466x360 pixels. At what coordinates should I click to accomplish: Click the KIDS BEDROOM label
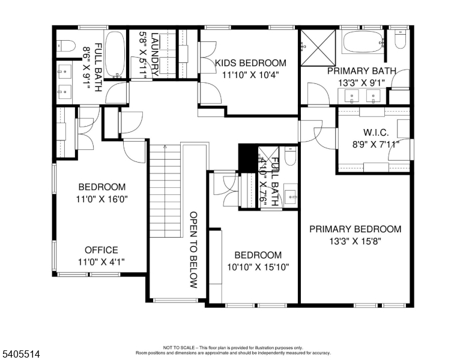(x=250, y=63)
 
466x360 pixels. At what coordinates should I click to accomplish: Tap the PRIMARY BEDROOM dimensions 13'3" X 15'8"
(x=355, y=241)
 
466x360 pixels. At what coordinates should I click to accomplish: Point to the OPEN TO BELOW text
(x=193, y=250)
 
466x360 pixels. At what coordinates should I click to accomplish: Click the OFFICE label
(x=101, y=250)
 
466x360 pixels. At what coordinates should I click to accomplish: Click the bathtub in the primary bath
(x=363, y=42)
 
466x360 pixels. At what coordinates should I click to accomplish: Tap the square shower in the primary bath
(x=318, y=47)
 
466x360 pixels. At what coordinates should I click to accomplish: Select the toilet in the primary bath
(x=401, y=40)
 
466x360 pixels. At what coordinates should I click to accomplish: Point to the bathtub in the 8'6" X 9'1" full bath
(x=115, y=55)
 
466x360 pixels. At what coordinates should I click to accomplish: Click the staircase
(x=165, y=191)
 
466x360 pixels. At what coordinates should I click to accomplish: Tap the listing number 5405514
(x=21, y=354)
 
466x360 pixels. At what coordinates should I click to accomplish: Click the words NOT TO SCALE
(x=179, y=347)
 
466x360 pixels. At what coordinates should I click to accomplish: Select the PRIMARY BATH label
(x=362, y=71)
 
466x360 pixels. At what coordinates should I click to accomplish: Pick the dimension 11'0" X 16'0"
(x=102, y=199)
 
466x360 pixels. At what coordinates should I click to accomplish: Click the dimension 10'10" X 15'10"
(x=258, y=268)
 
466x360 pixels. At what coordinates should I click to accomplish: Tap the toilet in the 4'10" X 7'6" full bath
(x=291, y=156)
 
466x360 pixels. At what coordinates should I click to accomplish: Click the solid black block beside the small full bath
(x=247, y=157)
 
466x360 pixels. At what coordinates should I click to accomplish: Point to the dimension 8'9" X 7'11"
(x=376, y=145)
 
